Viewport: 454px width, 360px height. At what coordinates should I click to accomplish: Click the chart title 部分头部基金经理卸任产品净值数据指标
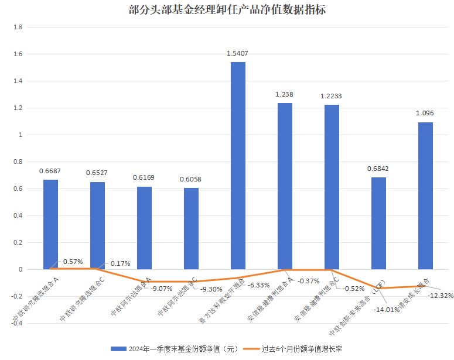coord(227,10)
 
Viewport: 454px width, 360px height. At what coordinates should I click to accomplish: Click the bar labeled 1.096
coord(425,196)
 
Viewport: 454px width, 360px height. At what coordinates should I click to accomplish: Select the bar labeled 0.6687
coord(50,225)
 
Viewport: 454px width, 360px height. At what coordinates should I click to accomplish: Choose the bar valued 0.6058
coord(191,229)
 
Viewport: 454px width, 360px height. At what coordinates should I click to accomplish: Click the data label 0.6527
coord(97,173)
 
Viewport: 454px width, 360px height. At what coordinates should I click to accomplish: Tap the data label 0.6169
coord(144,177)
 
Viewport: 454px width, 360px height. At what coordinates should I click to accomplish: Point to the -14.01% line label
coord(386,310)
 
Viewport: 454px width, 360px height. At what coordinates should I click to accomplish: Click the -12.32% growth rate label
coord(441,296)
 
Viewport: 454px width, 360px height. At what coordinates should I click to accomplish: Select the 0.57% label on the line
coord(73,261)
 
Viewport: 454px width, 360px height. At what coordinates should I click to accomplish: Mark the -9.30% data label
coord(211,289)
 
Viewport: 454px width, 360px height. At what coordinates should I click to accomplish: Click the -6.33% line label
coord(258,285)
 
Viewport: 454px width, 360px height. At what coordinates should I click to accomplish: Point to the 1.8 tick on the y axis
coord(18,28)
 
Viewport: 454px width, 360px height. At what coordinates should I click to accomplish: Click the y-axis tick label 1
coord(20,135)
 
